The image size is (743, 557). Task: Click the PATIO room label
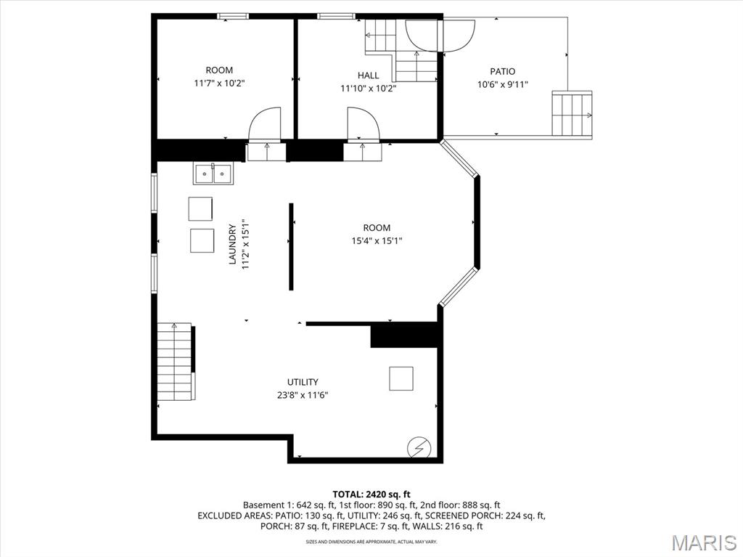pos(502,71)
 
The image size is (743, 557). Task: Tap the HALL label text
pos(368,76)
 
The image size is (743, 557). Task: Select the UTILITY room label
pos(302,382)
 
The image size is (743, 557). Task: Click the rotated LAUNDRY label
pos(234,244)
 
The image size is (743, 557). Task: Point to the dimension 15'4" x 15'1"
pos(377,241)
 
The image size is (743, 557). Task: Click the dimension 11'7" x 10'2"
pos(219,84)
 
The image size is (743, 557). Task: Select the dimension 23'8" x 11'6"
pos(302,396)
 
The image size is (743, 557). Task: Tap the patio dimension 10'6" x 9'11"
pos(502,84)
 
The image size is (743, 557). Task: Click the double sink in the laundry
pos(213,174)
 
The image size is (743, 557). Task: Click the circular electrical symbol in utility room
pos(417,448)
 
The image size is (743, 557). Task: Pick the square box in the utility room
pos(401,378)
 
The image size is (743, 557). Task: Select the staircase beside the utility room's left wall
pos(174,362)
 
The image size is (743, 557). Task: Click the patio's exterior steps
pos(572,113)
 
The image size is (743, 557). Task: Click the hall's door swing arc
pos(362,124)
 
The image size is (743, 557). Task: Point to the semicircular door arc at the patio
pos(440,35)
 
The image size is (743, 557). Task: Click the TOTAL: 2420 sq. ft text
pos(371,494)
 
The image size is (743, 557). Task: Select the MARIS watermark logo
pos(703,542)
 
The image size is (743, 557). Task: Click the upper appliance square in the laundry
pos(201,208)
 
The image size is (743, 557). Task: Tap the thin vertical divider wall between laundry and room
pos(292,247)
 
